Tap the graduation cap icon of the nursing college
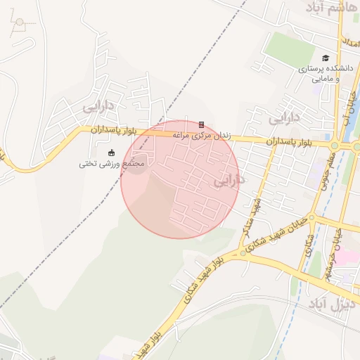click(x=325, y=58)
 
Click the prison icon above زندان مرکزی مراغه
click(x=201, y=124)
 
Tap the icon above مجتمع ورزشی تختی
click(x=110, y=153)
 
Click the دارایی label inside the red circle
click(x=227, y=181)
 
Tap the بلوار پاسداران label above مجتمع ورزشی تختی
click(x=111, y=131)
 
